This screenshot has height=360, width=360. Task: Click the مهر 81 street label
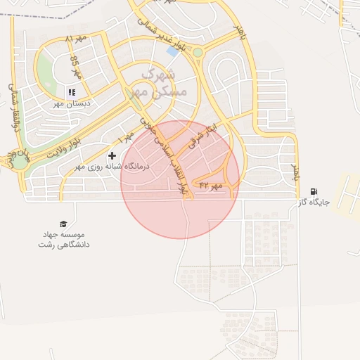pyautogui.click(x=74, y=38)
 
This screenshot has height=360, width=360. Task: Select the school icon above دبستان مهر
pyautogui.click(x=71, y=92)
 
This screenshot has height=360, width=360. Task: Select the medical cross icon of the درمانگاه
pyautogui.click(x=112, y=155)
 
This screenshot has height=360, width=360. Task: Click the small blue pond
pyautogui.click(x=172, y=51)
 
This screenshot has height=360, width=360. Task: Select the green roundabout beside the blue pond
pyautogui.click(x=198, y=52)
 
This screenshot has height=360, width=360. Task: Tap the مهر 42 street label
pyautogui.click(x=210, y=185)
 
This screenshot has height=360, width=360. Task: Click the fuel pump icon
pyautogui.click(x=313, y=191)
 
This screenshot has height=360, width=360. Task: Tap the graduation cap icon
pyautogui.click(x=64, y=224)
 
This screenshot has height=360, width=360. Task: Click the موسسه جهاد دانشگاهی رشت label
pyautogui.click(x=64, y=239)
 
